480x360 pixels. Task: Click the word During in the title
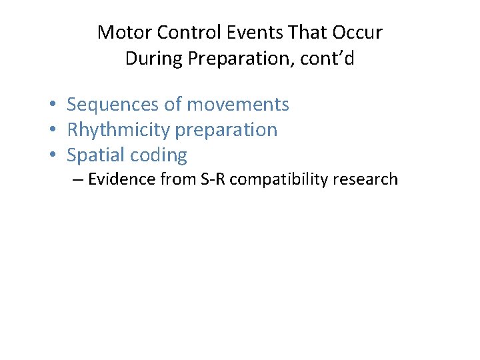154,59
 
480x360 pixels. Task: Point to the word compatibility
281,180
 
